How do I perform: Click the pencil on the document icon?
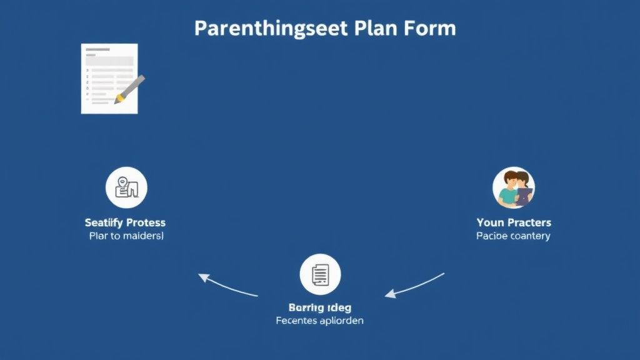pyautogui.click(x=129, y=89)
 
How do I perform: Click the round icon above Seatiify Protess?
pyautogui.click(x=126, y=187)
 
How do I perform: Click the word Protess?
pyautogui.click(x=146, y=222)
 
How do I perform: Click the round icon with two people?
pyautogui.click(x=514, y=187)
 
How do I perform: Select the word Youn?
pyautogui.click(x=491, y=222)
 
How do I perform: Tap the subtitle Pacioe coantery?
pyautogui.click(x=513, y=236)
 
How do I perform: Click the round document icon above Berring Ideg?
pyautogui.click(x=320, y=274)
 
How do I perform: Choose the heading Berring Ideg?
pyautogui.click(x=320, y=307)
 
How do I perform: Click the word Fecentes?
pyautogui.click(x=297, y=321)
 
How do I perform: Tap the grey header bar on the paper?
pyautogui.click(x=109, y=61)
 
